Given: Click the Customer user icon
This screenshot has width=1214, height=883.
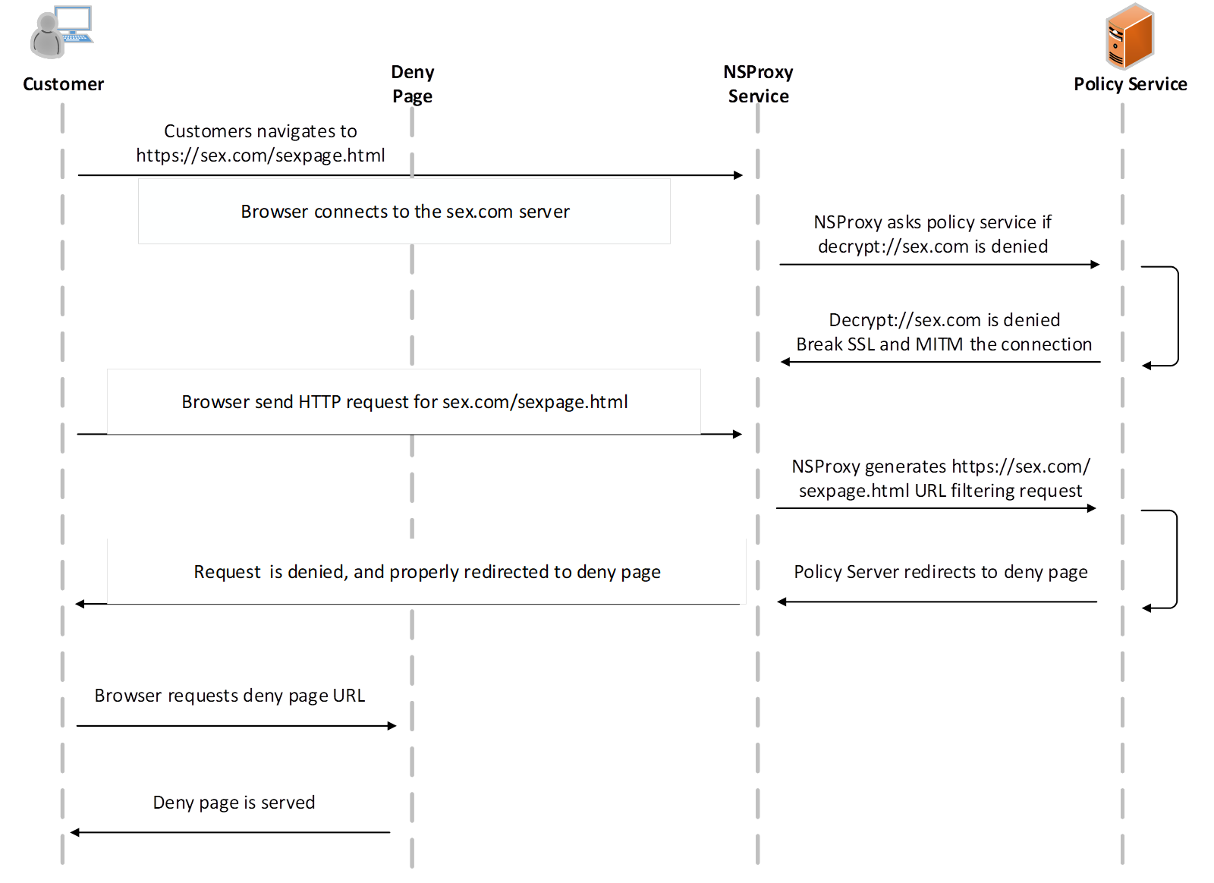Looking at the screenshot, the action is coord(61,31).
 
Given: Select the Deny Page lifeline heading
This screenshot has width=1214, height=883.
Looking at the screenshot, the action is coord(413,84).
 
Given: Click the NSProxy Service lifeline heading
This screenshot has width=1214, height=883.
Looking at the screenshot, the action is coord(758,84).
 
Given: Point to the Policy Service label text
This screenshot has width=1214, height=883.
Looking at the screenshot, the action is coord(1131,84).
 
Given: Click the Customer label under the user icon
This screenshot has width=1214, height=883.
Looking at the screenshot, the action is coord(64,84).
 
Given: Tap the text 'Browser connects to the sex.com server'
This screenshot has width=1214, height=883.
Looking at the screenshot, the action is coord(405,212).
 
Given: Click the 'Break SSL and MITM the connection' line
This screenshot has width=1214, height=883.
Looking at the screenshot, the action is coord(944,344).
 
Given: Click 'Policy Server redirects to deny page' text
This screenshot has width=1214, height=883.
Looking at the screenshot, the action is coord(941,572).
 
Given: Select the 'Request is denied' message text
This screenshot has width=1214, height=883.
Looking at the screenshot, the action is coord(427,572).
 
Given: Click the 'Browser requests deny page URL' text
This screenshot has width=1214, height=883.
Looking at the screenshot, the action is coord(230,696).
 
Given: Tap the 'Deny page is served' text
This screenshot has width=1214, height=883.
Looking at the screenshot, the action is coord(234,803).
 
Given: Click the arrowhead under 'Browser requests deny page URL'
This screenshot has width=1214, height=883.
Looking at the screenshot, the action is coord(392,726).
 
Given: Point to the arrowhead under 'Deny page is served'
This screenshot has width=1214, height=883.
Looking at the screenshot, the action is coord(75,833).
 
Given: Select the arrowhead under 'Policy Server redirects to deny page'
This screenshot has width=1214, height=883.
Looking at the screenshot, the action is coord(782,602).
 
